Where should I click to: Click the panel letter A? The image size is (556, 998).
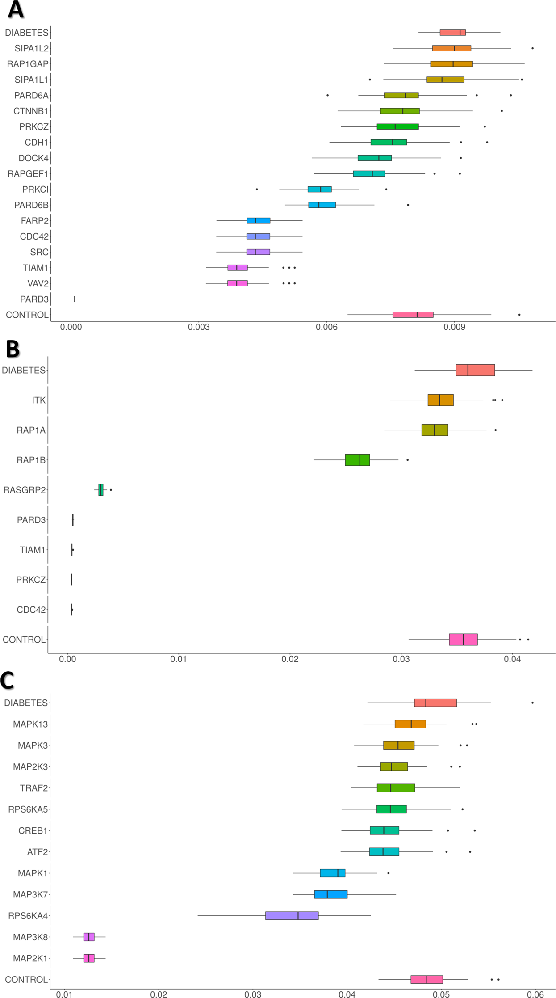pyautogui.click(x=16, y=10)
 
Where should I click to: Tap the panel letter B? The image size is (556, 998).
pyautogui.click(x=13, y=349)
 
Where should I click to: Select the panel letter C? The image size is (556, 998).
pyautogui.click(x=8, y=680)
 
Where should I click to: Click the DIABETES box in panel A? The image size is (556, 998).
pyautogui.click(x=452, y=33)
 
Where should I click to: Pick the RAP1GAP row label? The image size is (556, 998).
pyautogui.click(x=27, y=64)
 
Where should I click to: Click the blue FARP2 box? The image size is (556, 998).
pyautogui.click(x=258, y=221)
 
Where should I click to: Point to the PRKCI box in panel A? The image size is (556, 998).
pyautogui.click(x=319, y=189)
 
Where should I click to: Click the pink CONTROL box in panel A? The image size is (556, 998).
pyautogui.click(x=413, y=315)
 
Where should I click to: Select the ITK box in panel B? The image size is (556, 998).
pyautogui.click(x=440, y=400)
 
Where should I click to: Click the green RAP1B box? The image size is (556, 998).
pyautogui.click(x=357, y=460)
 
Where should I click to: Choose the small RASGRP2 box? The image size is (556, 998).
pyautogui.click(x=101, y=490)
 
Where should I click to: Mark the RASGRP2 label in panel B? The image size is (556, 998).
pyautogui.click(x=25, y=490)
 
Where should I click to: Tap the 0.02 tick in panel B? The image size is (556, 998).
pyautogui.click(x=290, y=659)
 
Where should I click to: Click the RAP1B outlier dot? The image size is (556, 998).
pyautogui.click(x=407, y=460)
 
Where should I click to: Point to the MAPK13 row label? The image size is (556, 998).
pyautogui.click(x=30, y=724)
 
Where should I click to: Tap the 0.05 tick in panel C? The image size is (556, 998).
pyautogui.click(x=441, y=994)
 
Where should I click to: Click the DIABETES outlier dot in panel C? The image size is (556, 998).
pyautogui.click(x=532, y=703)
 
